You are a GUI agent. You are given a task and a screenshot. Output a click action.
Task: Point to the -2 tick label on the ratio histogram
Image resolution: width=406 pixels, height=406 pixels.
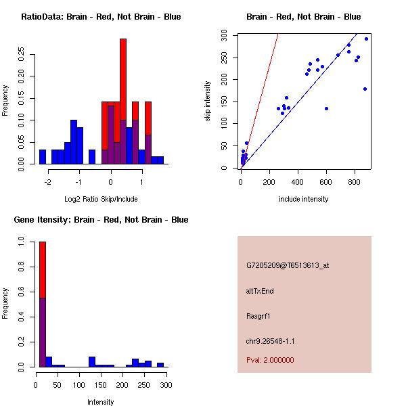point(47,182)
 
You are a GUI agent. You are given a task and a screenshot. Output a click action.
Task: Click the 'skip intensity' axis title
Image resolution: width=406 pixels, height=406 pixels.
point(208,102)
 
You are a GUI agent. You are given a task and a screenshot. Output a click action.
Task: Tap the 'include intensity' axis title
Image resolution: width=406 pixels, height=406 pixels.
point(303,199)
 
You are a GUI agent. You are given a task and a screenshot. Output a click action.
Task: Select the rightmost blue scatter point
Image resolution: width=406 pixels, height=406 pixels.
point(366,39)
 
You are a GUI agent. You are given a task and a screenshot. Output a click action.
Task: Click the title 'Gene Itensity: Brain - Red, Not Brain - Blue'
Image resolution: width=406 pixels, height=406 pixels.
point(101,220)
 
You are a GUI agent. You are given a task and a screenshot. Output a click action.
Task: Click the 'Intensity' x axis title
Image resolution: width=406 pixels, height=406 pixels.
point(101,402)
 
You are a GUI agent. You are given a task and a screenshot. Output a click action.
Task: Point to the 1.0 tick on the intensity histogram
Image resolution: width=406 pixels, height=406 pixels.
point(22,240)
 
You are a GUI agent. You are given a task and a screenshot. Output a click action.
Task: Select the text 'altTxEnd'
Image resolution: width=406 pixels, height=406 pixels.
point(260,291)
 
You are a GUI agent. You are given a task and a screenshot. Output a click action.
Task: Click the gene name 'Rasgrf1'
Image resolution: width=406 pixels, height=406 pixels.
point(258,316)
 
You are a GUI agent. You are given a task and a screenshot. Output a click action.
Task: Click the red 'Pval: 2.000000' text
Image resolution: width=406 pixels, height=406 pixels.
point(270,361)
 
